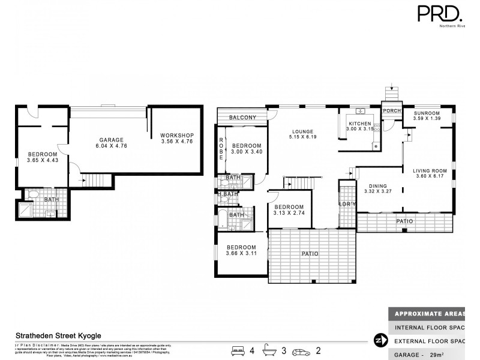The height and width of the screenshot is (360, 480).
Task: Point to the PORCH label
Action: point(392,111)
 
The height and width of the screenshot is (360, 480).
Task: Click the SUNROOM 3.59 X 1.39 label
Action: point(427,116)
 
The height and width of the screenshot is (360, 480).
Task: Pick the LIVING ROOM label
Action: point(430,174)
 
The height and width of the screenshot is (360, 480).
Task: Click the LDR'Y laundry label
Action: point(347,205)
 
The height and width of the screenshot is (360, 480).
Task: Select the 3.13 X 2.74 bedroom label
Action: point(290,209)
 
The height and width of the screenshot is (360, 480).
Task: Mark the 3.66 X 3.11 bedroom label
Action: point(241,251)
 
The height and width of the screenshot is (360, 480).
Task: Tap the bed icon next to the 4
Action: point(238,349)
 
